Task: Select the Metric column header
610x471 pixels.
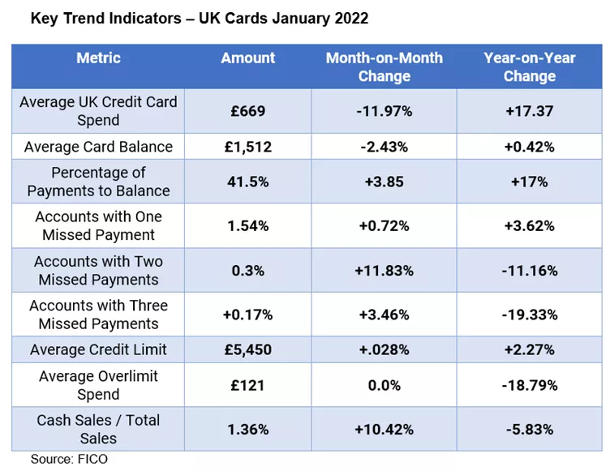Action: point(98,58)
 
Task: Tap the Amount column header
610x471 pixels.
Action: point(248,58)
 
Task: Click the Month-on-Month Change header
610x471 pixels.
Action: point(384,66)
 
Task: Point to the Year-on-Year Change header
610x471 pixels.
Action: point(529,66)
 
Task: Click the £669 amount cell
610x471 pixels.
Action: point(248,111)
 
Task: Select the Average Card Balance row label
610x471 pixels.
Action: point(98,147)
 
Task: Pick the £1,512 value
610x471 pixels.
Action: point(248,147)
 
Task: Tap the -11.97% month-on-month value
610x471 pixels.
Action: point(384,111)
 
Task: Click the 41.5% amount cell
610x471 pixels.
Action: point(248,182)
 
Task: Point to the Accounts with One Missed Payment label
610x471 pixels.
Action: point(98,226)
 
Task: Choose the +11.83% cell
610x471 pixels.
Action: point(384,271)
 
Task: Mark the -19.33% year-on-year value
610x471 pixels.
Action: point(529,315)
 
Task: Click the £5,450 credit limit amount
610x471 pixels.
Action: point(248,350)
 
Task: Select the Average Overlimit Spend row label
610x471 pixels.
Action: point(98,385)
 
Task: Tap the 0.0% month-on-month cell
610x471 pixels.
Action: point(384,385)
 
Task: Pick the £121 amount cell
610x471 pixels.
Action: point(248,385)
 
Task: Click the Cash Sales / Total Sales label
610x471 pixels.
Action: point(98,429)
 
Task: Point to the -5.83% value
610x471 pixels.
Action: point(529,429)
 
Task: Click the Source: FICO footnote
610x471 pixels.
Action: point(69,460)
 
